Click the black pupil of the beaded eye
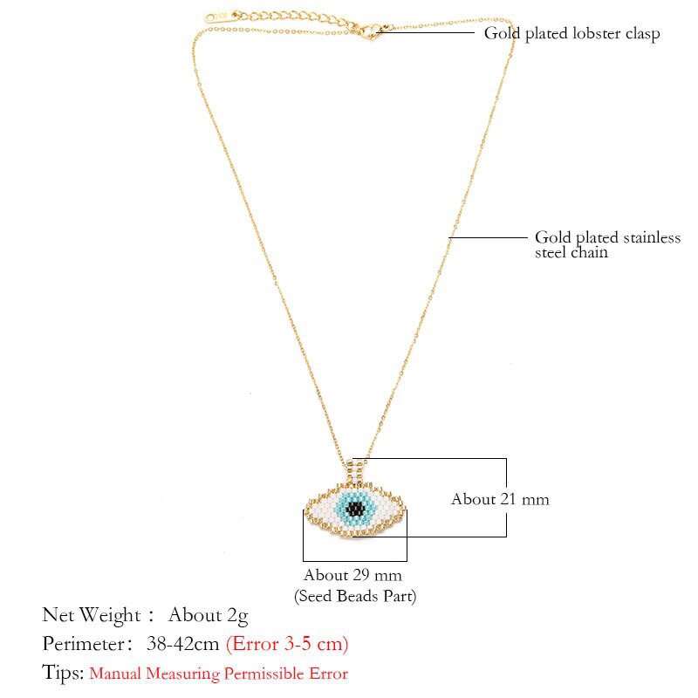click(355, 508)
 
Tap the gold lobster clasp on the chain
click(370, 32)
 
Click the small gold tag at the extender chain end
click(216, 17)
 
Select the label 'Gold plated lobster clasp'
click(571, 33)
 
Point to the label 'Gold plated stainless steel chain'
click(607, 244)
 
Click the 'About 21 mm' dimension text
click(500, 499)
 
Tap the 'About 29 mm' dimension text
click(352, 575)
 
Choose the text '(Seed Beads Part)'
click(355, 596)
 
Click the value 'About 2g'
click(208, 616)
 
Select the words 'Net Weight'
click(92, 615)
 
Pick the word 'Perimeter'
click(83, 644)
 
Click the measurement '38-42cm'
click(182, 644)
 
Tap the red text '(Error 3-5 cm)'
click(287, 644)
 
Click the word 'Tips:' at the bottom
click(63, 673)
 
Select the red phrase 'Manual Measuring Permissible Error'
click(219, 674)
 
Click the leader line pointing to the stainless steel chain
click(488, 237)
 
